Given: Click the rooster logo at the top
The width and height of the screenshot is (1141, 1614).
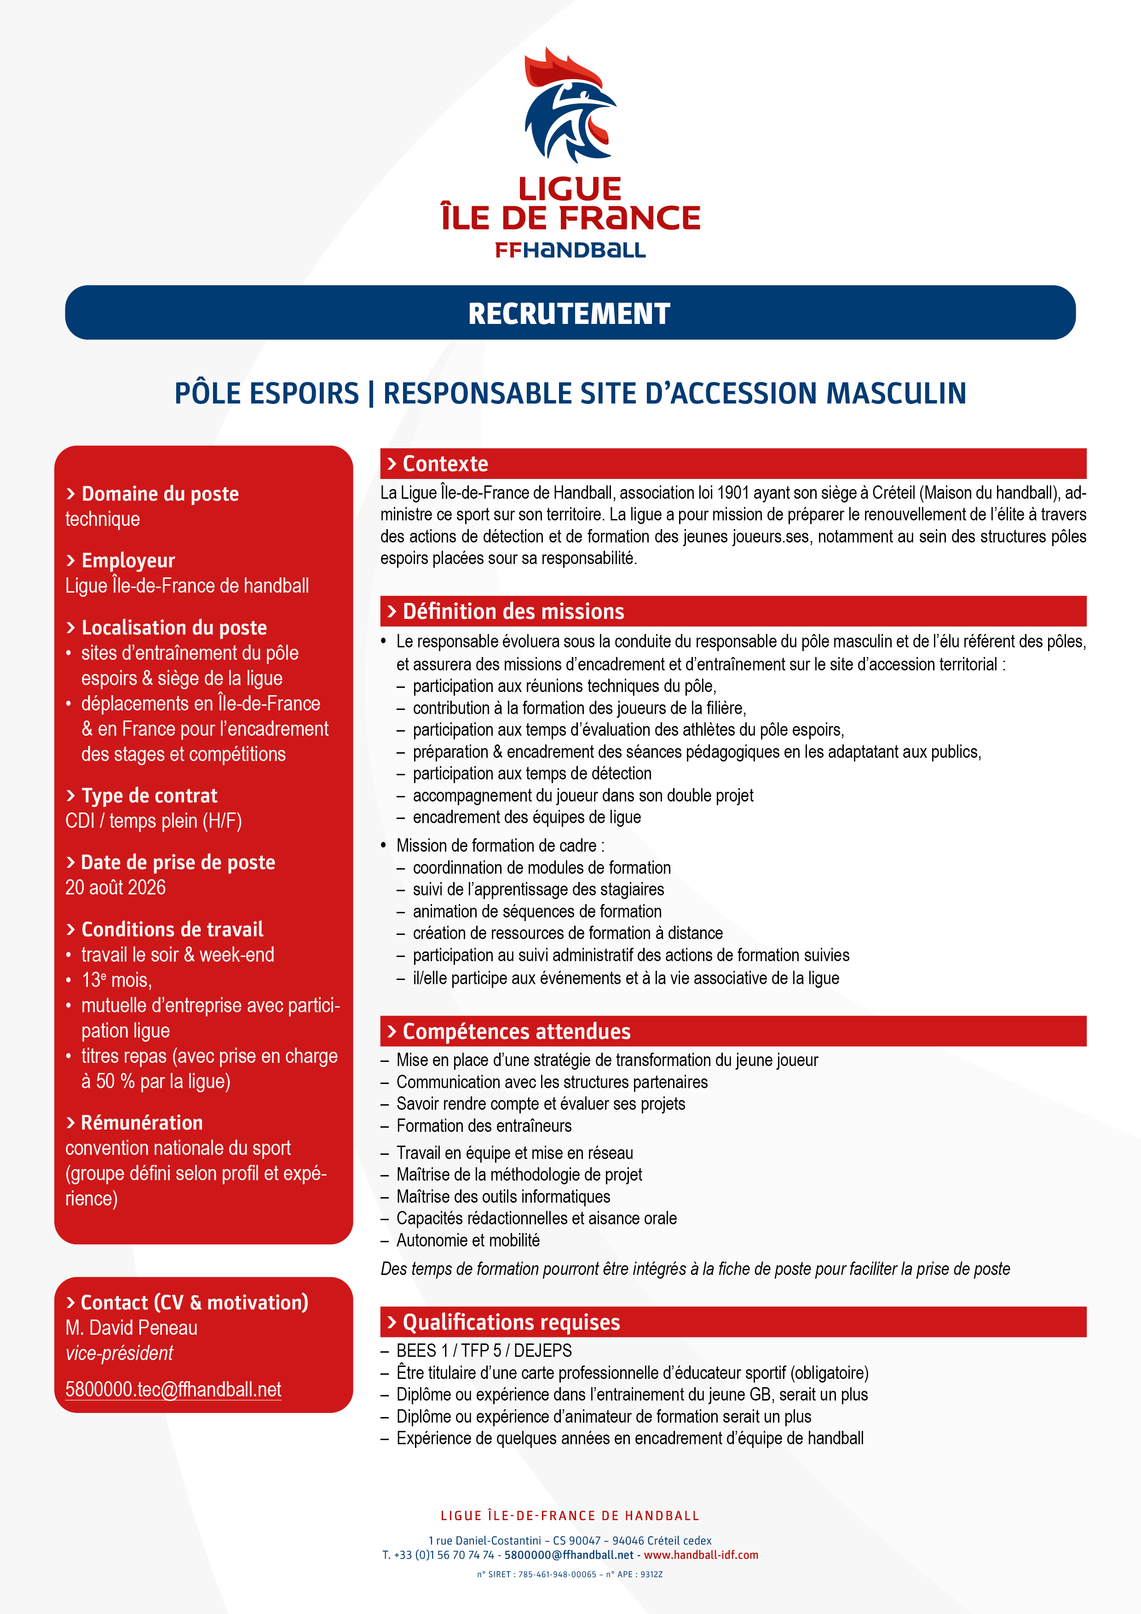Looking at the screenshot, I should tap(570, 105).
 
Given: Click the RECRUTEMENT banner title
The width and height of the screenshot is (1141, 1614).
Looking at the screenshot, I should tap(570, 313).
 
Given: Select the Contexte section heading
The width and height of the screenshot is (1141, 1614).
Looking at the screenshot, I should tap(445, 464).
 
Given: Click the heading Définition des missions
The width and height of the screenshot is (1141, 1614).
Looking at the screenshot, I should tap(513, 611).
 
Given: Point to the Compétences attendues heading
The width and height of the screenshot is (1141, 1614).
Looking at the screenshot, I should tap(516, 1031).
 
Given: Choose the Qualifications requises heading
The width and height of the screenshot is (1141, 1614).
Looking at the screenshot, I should tap(511, 1322).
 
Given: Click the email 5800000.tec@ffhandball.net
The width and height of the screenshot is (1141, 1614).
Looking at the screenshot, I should tap(173, 1390).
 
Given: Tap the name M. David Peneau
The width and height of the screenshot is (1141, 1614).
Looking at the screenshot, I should tap(132, 1328).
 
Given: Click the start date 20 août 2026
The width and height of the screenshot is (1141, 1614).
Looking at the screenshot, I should tap(115, 888).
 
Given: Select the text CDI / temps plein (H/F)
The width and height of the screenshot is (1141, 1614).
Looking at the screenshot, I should tap(153, 821).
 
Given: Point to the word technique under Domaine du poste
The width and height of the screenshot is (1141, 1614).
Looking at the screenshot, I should tap(103, 519).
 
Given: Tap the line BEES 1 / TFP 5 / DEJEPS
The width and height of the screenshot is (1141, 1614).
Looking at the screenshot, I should tap(484, 1351).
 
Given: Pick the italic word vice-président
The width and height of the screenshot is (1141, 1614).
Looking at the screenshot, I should tap(119, 1353).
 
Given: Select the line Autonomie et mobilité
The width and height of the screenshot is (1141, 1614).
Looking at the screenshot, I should tap(467, 1241).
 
